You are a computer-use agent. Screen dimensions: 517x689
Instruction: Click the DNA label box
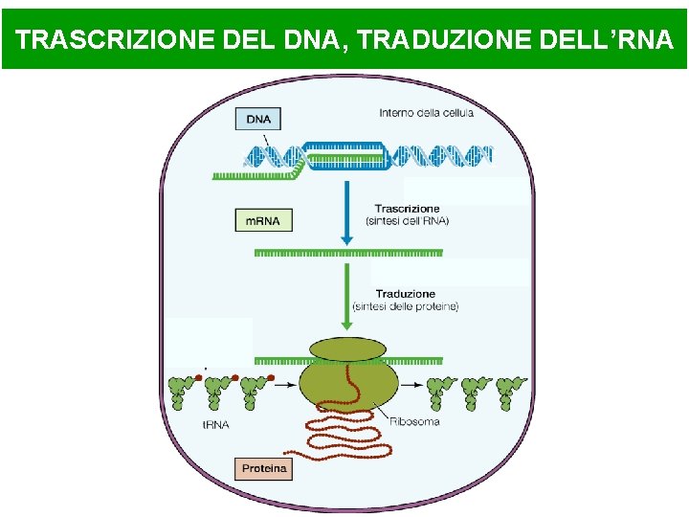click(258, 119)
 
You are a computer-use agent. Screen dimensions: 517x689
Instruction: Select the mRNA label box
click(263, 220)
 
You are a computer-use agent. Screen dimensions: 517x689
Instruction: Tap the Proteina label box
click(263, 469)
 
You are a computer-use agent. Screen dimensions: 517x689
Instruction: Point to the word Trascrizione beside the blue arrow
click(407, 208)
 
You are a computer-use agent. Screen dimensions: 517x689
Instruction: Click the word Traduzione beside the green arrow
click(405, 294)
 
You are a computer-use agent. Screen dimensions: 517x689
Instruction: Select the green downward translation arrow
click(346, 297)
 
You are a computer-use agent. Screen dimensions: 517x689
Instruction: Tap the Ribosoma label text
click(414, 421)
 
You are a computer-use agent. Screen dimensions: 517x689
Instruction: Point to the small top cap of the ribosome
click(346, 348)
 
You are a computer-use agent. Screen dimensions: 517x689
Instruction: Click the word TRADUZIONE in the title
click(417, 40)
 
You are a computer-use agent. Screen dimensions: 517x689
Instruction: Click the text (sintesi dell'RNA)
click(407, 221)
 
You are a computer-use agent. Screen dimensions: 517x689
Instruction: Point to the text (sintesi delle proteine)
click(405, 306)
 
